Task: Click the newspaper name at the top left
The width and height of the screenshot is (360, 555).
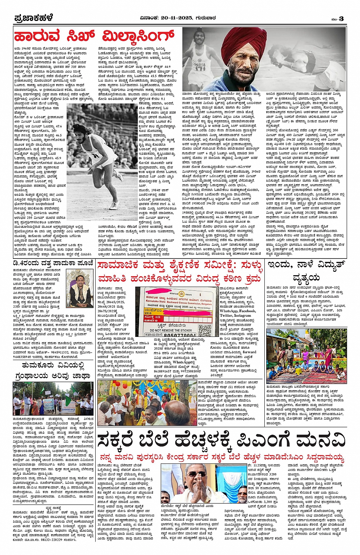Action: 33,18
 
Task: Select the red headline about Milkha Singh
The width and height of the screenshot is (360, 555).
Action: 94,37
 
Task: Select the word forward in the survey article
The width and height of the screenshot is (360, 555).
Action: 250,352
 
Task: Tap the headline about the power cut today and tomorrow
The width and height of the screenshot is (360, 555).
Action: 306,271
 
